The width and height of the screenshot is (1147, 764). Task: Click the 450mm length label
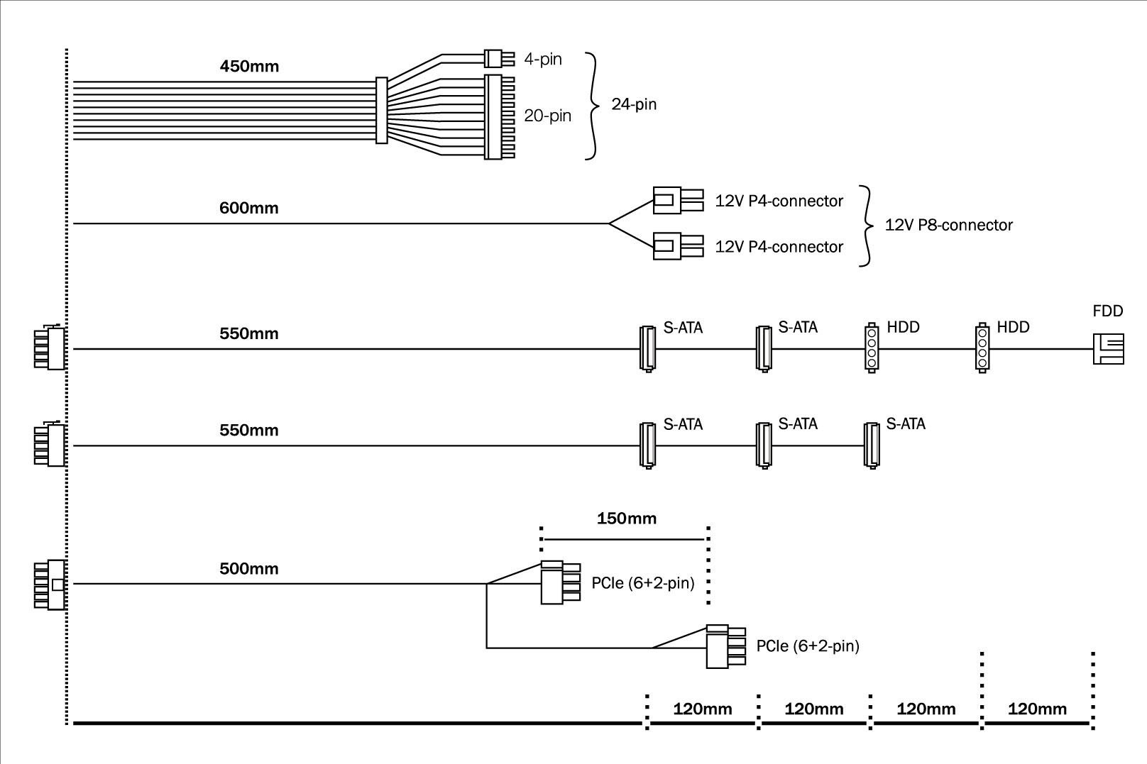(x=249, y=67)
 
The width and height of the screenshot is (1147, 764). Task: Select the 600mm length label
(x=249, y=209)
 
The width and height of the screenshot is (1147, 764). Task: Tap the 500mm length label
(x=249, y=569)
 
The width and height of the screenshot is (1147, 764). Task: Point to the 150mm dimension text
(x=626, y=519)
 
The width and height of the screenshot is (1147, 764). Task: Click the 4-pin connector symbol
(x=494, y=58)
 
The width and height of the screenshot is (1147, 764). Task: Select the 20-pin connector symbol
(x=499, y=116)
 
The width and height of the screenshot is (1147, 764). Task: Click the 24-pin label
(x=634, y=105)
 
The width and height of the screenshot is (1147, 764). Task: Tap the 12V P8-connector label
(x=948, y=226)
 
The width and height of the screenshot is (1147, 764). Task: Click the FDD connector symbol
(x=1108, y=349)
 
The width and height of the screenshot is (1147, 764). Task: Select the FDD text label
(x=1107, y=311)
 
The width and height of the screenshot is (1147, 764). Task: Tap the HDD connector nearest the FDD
(x=982, y=348)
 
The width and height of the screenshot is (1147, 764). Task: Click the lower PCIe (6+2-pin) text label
(x=808, y=646)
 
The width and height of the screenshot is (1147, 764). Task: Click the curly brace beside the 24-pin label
(x=593, y=106)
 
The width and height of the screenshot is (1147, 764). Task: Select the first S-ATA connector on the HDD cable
(x=647, y=348)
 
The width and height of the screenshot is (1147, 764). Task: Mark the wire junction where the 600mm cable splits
(x=609, y=223)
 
